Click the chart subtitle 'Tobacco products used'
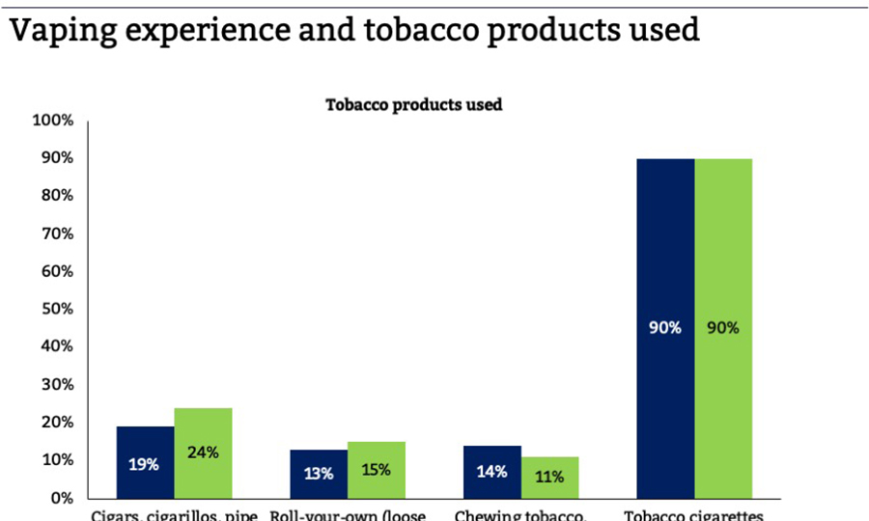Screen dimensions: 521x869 413,104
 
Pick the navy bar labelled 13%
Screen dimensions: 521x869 319,473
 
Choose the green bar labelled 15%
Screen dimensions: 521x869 377,469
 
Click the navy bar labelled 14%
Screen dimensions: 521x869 492,471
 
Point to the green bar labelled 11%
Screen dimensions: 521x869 550,477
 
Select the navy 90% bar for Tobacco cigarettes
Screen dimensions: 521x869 665,327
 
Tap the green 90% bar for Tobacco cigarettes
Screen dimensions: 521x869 723,327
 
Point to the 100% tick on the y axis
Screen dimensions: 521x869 53,121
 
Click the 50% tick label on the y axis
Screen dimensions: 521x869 56,309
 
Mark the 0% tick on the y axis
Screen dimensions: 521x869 61,498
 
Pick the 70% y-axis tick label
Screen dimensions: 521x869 56,233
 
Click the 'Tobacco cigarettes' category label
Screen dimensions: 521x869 693,514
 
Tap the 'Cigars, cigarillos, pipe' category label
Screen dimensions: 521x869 174,514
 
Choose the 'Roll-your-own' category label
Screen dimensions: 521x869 348,514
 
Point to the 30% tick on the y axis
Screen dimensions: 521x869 56,385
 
